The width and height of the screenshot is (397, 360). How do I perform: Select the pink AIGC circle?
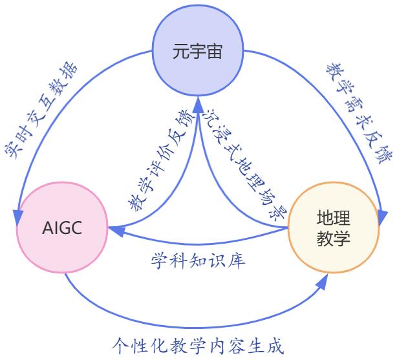[62, 229]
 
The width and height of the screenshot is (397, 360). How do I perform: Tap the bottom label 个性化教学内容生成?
[198, 345]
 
